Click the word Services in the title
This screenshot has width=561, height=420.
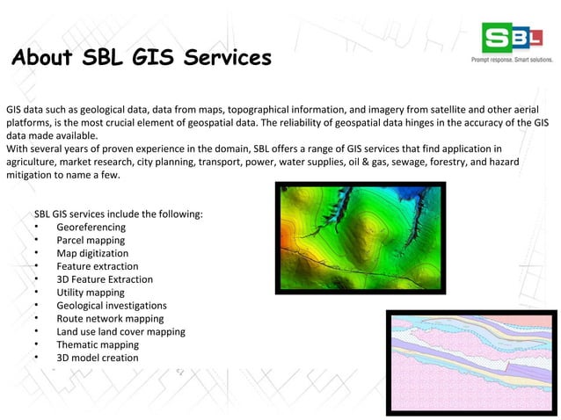coord(223,59)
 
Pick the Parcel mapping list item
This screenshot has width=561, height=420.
coord(91,240)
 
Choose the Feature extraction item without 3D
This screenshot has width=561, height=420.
coord(97,266)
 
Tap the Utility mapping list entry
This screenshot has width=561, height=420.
coord(91,293)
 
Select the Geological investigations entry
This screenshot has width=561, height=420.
coord(112,306)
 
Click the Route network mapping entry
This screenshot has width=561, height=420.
coord(110,319)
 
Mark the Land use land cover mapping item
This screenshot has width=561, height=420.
coord(120,332)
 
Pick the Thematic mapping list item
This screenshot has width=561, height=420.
coord(98,345)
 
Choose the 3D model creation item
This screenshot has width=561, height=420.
coord(97,358)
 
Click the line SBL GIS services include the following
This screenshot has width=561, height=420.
coord(118,214)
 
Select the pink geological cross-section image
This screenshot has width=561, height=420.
coord(470,360)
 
